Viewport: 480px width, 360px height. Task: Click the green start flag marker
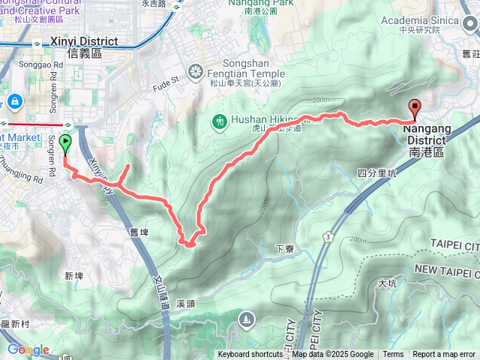65,142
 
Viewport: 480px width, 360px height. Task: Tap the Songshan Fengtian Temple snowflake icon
195,71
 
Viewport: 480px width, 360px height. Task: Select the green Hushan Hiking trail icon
220,119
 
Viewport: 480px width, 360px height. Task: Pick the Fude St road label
167,79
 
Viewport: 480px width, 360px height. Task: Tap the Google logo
28,349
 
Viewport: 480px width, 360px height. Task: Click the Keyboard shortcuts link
250,355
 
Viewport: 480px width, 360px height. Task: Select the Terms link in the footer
393,355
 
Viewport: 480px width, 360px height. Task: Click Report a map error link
444,355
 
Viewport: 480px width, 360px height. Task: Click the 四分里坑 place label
376,172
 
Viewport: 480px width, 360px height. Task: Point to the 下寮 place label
283,249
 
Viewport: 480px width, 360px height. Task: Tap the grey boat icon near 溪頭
246,322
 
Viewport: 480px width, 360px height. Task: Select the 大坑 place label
387,283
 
